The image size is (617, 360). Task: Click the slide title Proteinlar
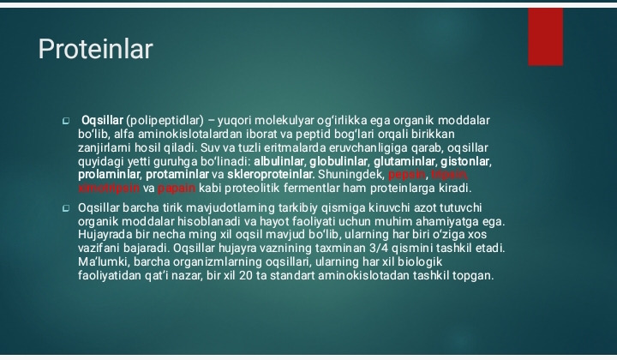[95, 50]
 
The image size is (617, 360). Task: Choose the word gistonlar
[466, 161]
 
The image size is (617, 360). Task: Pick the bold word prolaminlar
[105, 175]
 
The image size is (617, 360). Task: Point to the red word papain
[177, 188]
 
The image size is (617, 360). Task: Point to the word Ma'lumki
[103, 261]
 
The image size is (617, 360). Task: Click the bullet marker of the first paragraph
[65, 121]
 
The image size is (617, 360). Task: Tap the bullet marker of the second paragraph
[65, 208]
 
